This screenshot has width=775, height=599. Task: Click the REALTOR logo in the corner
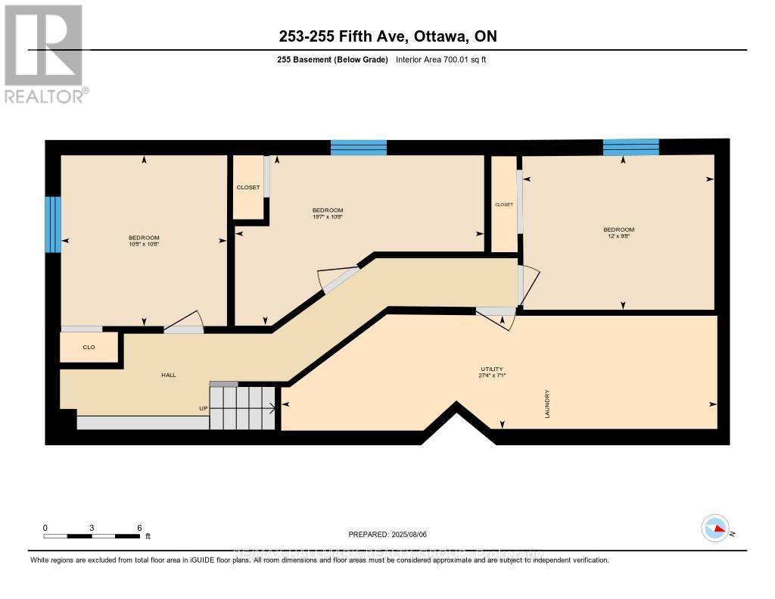point(44,54)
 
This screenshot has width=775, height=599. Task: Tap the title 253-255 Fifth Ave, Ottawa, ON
point(387,36)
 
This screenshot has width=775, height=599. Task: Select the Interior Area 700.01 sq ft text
point(440,60)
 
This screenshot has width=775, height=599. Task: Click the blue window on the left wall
point(52,224)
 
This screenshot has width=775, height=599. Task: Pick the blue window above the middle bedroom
point(359,148)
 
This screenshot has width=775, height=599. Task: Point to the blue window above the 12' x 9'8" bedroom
point(630,147)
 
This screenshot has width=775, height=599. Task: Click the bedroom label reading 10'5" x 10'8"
point(143,242)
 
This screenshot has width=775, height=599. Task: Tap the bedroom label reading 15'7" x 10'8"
point(328,214)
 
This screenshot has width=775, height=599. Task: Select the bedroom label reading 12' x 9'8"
point(618,232)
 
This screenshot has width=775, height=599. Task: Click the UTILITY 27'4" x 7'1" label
point(490,372)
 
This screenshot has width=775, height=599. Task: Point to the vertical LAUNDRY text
point(546,404)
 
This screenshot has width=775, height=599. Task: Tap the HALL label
point(168,375)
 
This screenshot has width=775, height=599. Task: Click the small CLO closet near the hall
point(89,348)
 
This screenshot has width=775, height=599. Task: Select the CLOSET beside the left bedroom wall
point(247,187)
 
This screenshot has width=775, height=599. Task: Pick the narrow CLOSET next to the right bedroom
point(504,204)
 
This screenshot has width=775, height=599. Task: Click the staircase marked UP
point(242,407)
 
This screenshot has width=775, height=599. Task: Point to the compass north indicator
point(715,529)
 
